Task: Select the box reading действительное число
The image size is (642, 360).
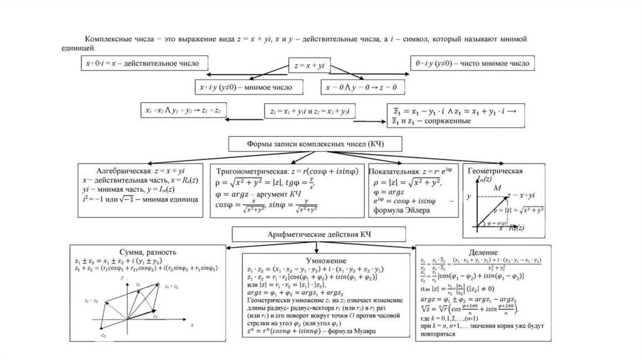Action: pyautogui.click(x=145, y=63)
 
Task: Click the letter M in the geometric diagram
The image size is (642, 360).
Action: pyautogui.click(x=497, y=188)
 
